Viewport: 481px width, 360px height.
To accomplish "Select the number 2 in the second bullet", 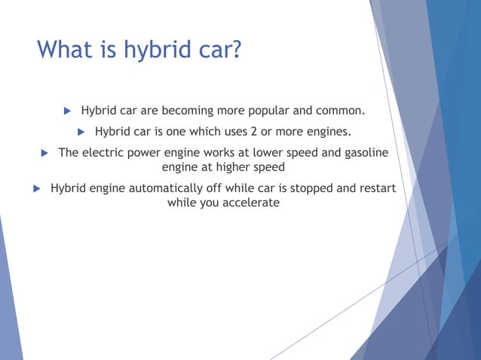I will coord(254,133).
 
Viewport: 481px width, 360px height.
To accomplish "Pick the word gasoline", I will coord(364,153).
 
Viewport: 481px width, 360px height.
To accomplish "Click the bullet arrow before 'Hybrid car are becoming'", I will coord(66,111).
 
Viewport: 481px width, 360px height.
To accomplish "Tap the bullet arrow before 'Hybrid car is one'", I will coord(81,133).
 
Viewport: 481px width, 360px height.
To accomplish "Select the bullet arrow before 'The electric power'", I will coord(44,153).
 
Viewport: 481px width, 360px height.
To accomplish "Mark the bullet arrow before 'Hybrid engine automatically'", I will coord(35,188).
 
